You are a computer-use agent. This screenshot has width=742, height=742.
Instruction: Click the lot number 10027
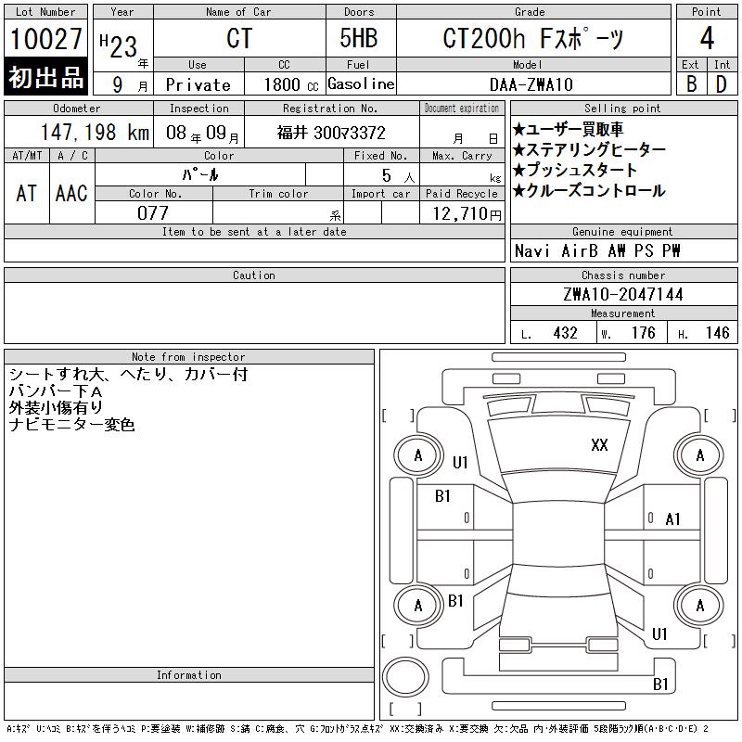pos(45,39)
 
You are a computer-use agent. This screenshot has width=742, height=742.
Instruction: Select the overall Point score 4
pos(707,38)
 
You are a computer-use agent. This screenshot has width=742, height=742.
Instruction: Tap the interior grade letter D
pos(722,84)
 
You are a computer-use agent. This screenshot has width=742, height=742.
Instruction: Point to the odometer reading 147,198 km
pos(95,132)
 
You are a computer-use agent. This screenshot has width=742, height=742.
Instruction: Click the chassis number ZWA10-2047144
pos(623,294)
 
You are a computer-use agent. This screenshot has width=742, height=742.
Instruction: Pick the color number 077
pos(153,213)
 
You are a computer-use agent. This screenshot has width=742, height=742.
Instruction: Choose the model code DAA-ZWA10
pos(531,84)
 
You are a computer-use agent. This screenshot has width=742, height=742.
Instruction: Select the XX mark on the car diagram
pos(599,445)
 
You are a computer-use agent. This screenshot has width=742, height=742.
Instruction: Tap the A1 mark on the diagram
pos(672,519)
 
